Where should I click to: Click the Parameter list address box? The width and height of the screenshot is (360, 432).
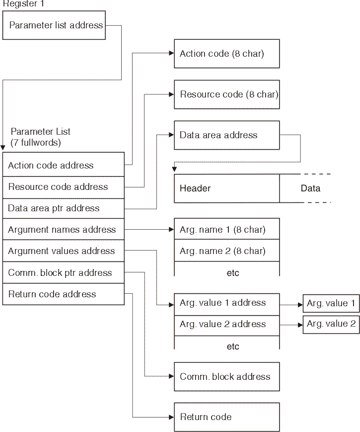coord(56,25)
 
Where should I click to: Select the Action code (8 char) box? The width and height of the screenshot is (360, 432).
coord(226,54)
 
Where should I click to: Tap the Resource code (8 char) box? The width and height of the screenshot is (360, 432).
coord(226,94)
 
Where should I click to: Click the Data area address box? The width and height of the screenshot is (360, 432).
coord(226,135)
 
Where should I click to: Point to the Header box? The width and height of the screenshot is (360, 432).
coord(226,188)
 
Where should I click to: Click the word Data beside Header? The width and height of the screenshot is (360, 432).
coord(310,188)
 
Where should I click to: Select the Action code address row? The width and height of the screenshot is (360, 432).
coord(63,166)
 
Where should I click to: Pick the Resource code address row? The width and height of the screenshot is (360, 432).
coord(63,187)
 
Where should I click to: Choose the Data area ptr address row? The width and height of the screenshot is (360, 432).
coord(63,208)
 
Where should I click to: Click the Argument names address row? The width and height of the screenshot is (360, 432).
coord(63,230)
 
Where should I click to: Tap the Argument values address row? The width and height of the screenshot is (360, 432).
coord(63,251)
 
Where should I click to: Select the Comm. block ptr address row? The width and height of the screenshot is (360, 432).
coord(63,273)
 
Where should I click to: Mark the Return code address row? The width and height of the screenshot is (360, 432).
coord(63,294)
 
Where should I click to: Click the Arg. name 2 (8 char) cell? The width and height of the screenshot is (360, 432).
coord(226,251)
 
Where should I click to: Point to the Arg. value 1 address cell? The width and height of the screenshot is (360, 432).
coord(226,303)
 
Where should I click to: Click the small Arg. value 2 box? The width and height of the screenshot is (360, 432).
coord(331,324)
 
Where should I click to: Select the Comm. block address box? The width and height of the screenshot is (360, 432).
coord(226,377)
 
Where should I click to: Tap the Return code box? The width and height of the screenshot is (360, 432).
coord(226,417)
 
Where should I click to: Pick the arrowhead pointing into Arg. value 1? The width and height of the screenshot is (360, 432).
coord(300,303)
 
